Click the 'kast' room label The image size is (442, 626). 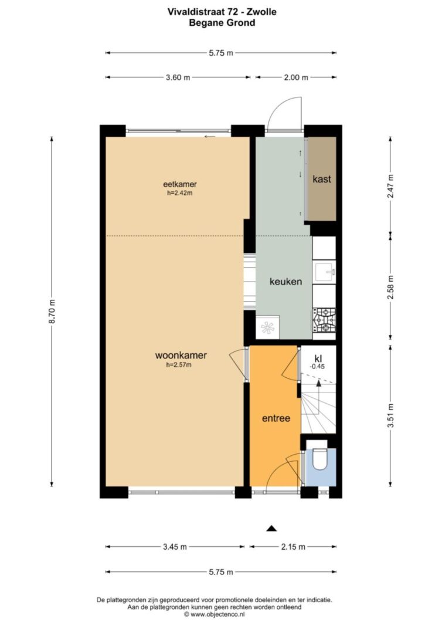[321, 179]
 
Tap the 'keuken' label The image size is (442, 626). [285, 282]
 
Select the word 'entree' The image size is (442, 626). [276, 418]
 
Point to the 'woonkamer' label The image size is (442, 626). [181, 355]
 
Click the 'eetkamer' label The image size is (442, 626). [180, 184]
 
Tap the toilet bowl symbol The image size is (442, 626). [319, 459]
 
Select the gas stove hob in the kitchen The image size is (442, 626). [324, 320]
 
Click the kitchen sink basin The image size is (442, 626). [324, 272]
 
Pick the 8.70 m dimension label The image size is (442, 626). [52, 312]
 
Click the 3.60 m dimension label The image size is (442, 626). [178, 77]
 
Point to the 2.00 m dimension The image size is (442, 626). [296, 77]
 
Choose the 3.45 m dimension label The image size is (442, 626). [175, 547]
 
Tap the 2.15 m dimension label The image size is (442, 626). [293, 547]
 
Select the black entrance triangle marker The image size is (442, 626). [271, 529]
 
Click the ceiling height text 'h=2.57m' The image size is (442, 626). [179, 364]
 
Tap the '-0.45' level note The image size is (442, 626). [318, 367]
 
